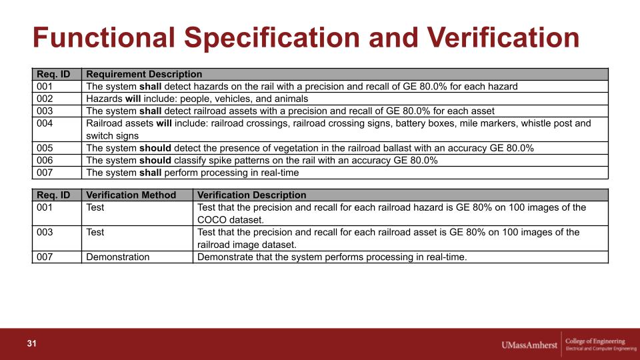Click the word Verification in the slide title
coord(503,37)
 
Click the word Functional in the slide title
coord(104,37)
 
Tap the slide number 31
coord(32,343)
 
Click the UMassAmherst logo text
coord(529,345)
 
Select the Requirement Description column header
coord(144,74)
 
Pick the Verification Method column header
coord(131,195)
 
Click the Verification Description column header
coord(251,195)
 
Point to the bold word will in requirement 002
coord(133,99)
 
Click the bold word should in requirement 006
coord(155,161)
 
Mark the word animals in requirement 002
coord(291,99)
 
